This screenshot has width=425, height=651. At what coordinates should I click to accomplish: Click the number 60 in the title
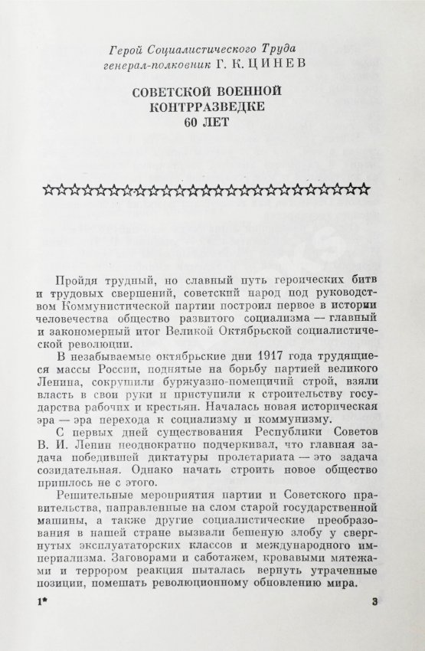(192, 124)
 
